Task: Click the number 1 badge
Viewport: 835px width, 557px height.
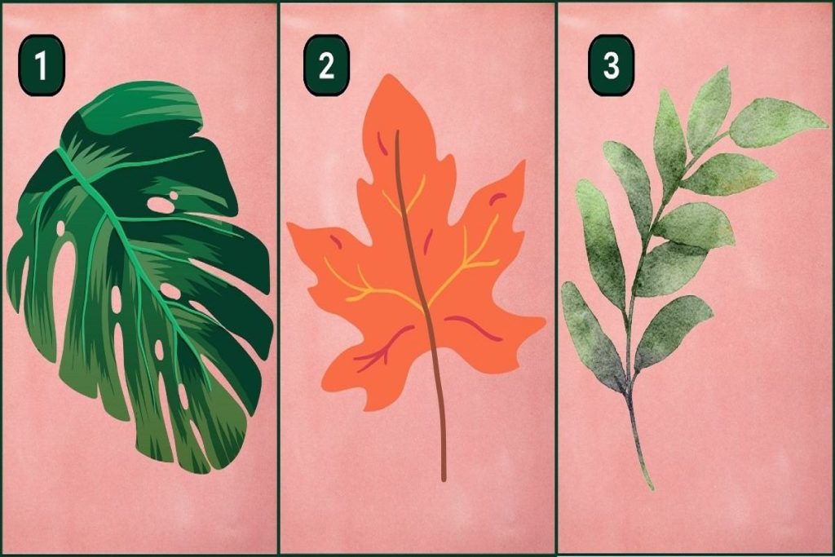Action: tap(41, 65)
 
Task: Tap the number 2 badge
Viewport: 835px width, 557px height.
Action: tap(326, 65)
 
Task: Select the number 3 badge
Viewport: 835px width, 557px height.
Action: tap(611, 65)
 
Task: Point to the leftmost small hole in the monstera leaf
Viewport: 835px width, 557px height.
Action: tap(60, 228)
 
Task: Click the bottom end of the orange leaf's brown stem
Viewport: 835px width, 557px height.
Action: tap(443, 480)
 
